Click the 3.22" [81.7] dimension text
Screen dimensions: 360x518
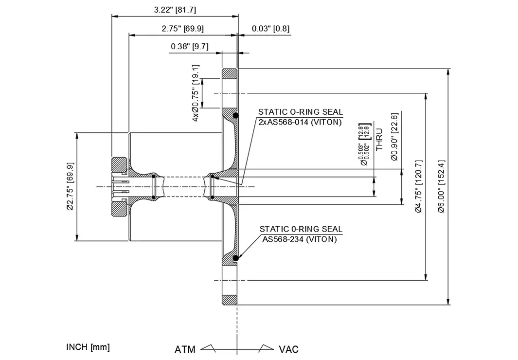tap(175, 10)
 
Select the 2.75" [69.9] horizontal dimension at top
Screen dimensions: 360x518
tap(182, 29)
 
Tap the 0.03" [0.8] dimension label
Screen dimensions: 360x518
tap(270, 29)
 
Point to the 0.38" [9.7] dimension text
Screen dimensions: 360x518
tap(190, 47)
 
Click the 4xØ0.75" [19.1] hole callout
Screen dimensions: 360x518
tap(196, 92)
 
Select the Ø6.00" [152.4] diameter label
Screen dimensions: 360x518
tap(441, 186)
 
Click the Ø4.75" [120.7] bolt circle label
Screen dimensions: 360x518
tap(418, 186)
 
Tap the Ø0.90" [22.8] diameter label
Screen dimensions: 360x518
tap(395, 137)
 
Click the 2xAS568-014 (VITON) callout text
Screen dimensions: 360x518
tap(300, 122)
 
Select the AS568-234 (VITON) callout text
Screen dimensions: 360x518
tap(300, 239)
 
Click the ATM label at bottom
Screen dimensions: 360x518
tap(185, 349)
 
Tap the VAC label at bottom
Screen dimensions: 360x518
tap(288, 349)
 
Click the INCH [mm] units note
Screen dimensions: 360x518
tap(88, 347)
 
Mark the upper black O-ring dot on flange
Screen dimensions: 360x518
tap(235, 116)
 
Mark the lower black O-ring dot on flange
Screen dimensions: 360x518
tap(235, 258)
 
